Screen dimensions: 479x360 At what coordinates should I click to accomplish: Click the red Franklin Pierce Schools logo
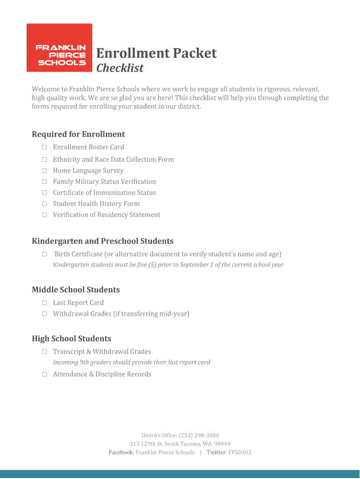(x=59, y=48)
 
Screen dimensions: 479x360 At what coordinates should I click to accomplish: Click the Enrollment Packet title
(x=156, y=53)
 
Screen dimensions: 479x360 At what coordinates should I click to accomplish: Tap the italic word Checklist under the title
(x=120, y=68)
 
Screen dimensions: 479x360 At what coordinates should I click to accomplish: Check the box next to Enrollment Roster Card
(x=44, y=147)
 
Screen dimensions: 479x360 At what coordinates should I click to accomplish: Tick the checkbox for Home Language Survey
(x=44, y=171)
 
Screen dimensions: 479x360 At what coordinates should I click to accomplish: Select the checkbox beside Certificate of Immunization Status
(x=44, y=193)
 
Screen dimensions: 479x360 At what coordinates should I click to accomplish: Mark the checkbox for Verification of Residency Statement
(x=44, y=215)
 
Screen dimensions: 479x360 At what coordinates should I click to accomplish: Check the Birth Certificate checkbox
(x=44, y=254)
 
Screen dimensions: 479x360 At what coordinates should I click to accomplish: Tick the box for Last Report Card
(x=44, y=303)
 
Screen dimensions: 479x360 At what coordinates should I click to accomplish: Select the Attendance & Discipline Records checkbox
(x=44, y=374)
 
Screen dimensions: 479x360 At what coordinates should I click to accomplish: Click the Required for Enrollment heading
(x=78, y=135)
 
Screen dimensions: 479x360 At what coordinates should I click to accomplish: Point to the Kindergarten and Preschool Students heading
(x=102, y=241)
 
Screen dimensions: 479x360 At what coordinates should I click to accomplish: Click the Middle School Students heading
(x=76, y=290)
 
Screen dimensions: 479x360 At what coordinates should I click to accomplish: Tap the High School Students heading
(x=71, y=339)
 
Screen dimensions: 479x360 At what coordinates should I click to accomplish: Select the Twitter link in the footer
(x=216, y=452)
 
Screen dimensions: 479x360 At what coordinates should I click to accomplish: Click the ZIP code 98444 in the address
(x=222, y=444)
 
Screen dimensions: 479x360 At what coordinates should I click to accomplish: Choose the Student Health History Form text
(x=96, y=204)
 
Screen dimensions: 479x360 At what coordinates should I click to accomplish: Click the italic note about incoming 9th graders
(x=131, y=363)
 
